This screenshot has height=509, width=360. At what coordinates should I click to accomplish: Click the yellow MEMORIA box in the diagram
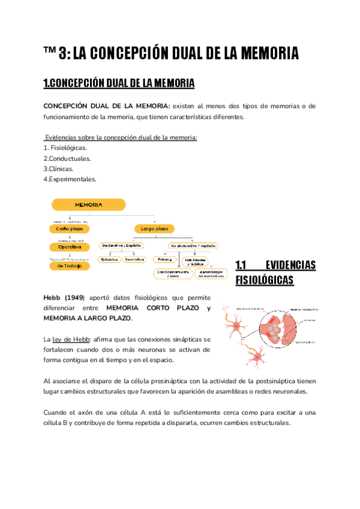click(x=88, y=204)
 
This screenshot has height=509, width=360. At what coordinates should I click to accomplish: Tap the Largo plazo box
click(x=154, y=229)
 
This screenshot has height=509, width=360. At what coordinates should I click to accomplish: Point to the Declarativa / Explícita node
click(x=122, y=245)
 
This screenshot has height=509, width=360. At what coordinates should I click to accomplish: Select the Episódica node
click(x=110, y=259)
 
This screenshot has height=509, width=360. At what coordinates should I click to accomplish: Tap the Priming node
click(x=163, y=259)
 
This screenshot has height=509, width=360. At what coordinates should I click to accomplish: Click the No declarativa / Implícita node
click(x=193, y=245)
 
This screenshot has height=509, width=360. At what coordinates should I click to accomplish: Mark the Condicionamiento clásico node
click(x=175, y=273)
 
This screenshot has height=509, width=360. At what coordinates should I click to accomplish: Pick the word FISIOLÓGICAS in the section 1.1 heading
click(x=265, y=280)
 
